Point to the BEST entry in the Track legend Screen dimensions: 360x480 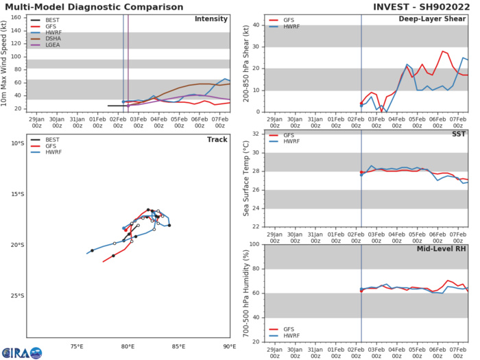[49, 137]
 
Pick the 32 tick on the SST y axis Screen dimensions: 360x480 [256, 133]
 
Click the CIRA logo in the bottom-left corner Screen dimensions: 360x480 [21, 352]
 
